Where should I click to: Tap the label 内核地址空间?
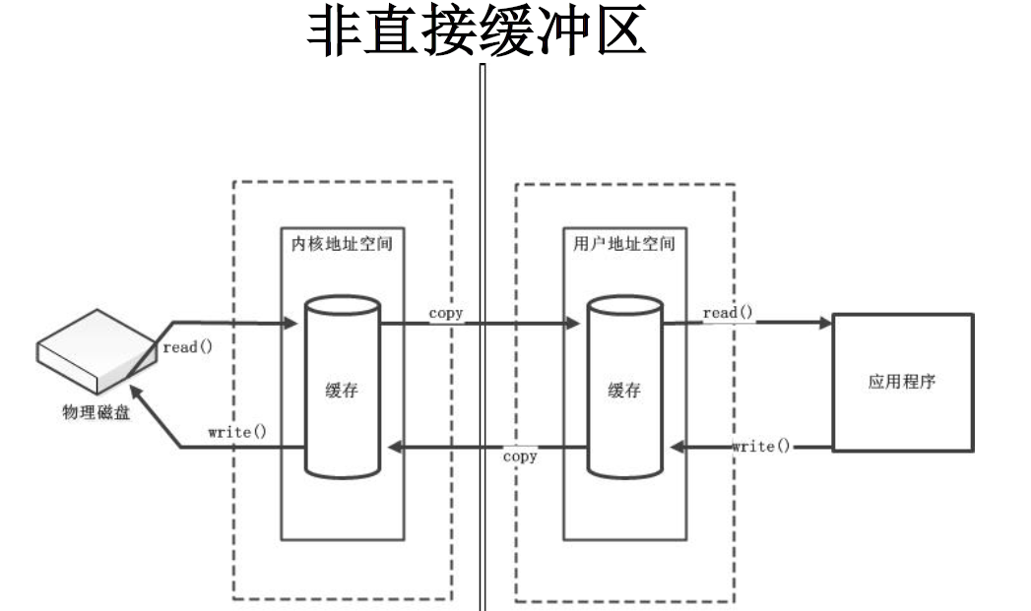[342, 242]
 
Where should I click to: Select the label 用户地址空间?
[624, 242]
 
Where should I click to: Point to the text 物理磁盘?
[96, 411]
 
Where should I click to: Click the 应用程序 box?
[902, 382]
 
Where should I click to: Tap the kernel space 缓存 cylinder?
[341, 389]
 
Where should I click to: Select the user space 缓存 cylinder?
[624, 389]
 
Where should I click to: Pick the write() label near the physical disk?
[237, 432]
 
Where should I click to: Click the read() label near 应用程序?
[728, 313]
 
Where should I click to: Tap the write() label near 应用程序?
[760, 446]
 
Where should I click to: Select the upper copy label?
[445, 313]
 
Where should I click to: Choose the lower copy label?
[519, 457]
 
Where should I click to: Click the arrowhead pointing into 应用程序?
[824, 323]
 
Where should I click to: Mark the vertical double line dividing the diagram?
[483, 335]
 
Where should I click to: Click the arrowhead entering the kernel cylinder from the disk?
[292, 323]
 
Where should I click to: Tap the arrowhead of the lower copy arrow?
[396, 448]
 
